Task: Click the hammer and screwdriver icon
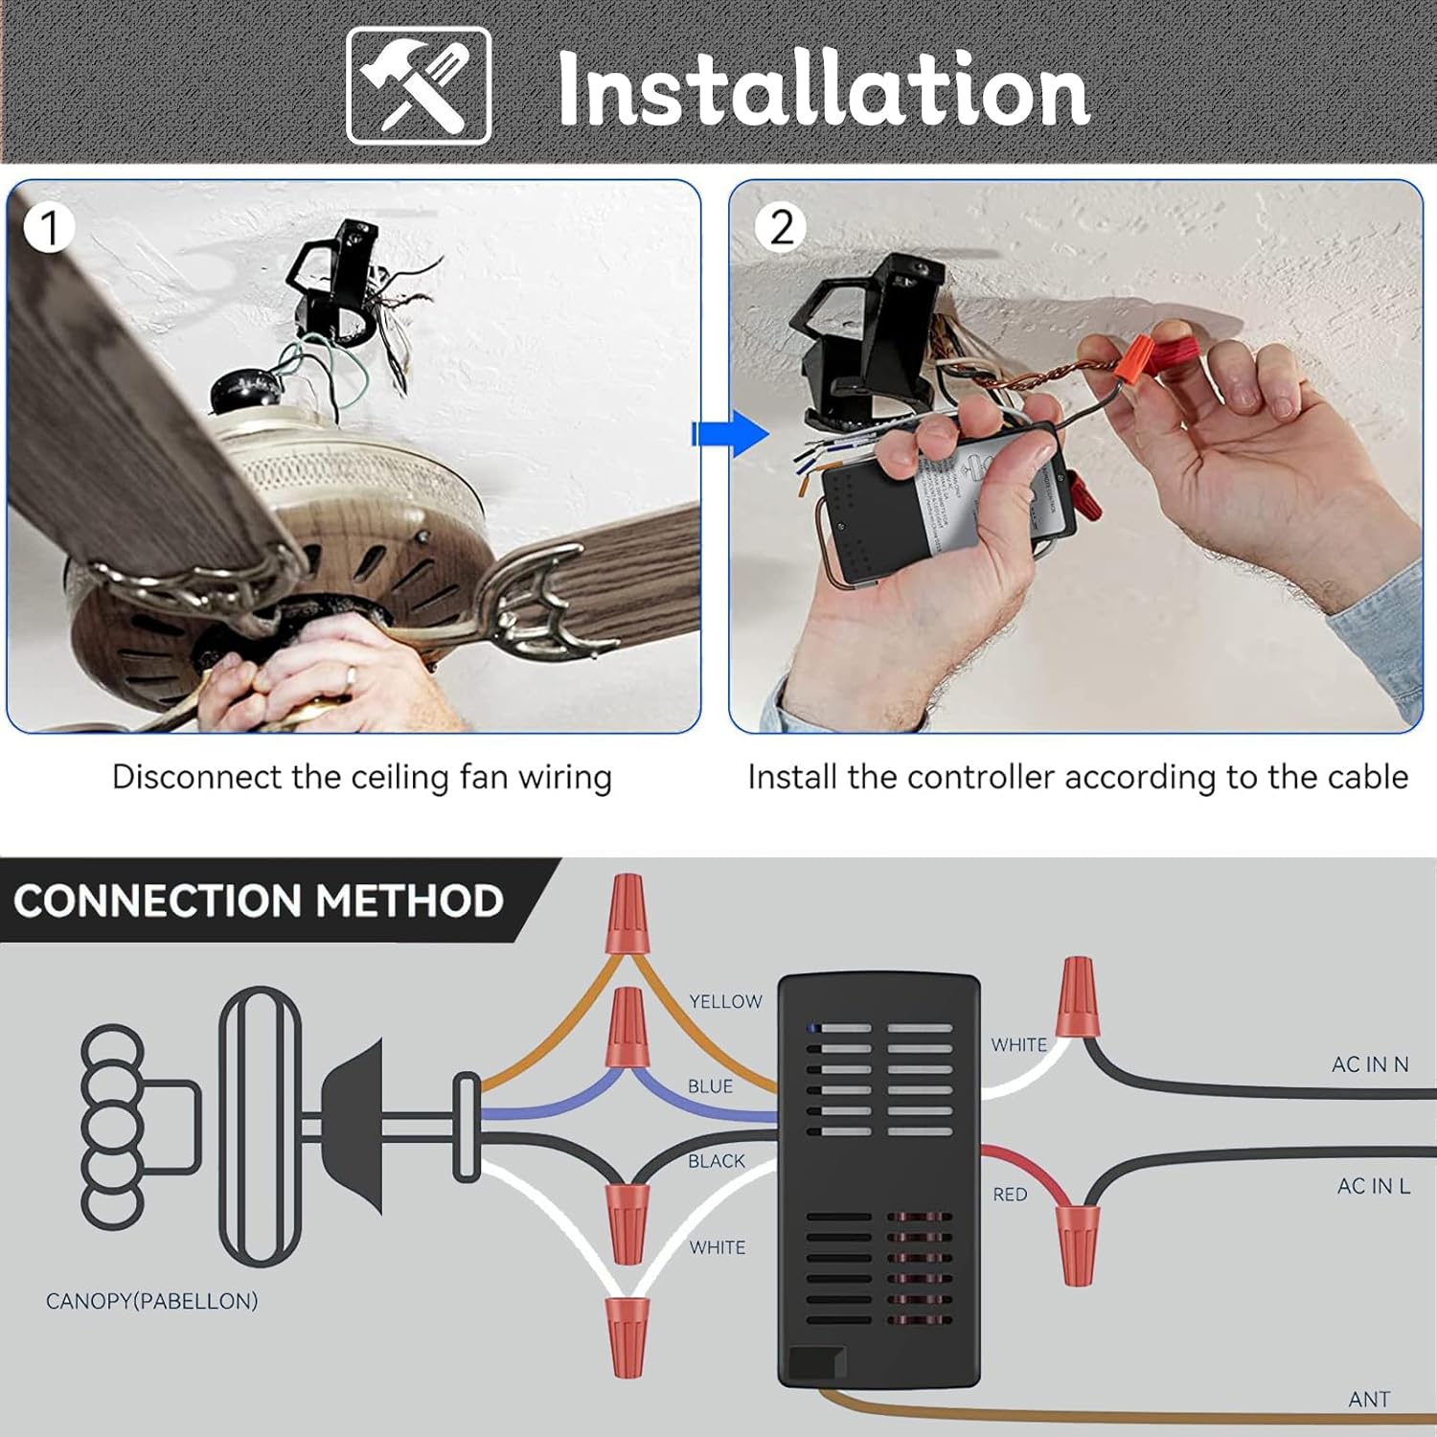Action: pos(419,86)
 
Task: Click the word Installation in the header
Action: pos(823,90)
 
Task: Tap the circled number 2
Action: pos(781,228)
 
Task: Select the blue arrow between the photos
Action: pos(730,434)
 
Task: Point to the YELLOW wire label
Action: pos(725,1001)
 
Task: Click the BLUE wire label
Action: pos(710,1086)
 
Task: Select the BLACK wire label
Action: pos(716,1161)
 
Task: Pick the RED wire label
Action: pos(1010,1195)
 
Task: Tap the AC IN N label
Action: pos(1369,1064)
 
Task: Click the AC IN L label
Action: pos(1373,1186)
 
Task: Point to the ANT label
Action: pos(1368,1400)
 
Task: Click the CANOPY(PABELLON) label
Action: pos(151,1301)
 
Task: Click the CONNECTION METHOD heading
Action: pos(259,901)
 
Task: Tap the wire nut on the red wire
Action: pos(1077,1243)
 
